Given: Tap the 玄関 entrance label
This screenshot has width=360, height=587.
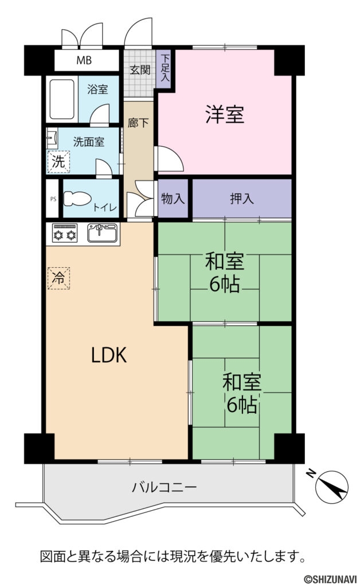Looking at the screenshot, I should pyautogui.click(x=139, y=70).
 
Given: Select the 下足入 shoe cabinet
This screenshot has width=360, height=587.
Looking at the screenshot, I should pyautogui.click(x=165, y=67).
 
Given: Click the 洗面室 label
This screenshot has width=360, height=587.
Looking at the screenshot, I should pyautogui.click(x=88, y=141).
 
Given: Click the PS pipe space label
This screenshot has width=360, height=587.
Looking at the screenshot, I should pyautogui.click(x=53, y=199).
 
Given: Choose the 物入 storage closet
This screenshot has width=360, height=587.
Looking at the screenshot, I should pyautogui.click(x=173, y=199).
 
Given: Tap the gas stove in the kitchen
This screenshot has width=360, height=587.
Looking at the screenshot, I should pyautogui.click(x=65, y=234).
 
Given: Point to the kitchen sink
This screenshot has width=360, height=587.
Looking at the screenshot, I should pyautogui.click(x=103, y=233).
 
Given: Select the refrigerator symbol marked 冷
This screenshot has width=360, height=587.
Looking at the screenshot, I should pyautogui.click(x=58, y=278).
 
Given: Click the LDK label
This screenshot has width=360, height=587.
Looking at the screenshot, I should pyautogui.click(x=109, y=356).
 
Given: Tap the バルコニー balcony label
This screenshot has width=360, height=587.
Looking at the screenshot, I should pyautogui.click(x=165, y=488).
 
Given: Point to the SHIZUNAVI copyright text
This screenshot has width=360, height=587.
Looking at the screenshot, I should pyautogui.click(x=328, y=580).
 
